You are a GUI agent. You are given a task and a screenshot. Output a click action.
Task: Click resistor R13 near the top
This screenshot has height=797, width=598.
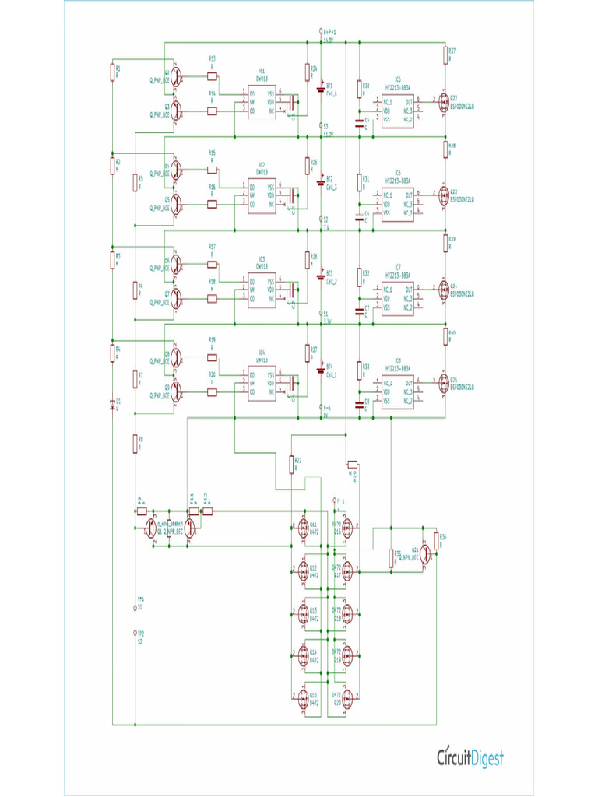tap(213, 76)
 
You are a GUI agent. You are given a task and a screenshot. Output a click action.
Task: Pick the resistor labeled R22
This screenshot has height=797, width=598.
tap(292, 465)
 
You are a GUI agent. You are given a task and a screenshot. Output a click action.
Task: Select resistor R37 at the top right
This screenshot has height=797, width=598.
tap(446, 54)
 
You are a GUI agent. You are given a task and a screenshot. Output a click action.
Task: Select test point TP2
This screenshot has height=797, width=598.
tap(135, 634)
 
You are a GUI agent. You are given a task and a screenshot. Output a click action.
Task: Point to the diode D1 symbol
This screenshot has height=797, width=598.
tap(111, 404)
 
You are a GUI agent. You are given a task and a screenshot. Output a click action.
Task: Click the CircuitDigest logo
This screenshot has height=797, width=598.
tap(470, 757)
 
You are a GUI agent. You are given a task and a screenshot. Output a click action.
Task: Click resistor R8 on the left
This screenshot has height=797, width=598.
tap(135, 442)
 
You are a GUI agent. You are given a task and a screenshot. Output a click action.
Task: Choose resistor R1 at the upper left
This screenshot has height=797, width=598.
tap(112, 72)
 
